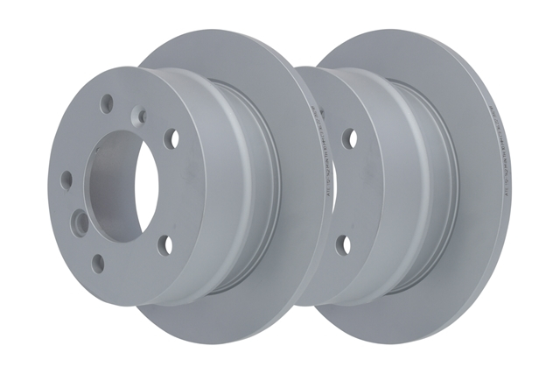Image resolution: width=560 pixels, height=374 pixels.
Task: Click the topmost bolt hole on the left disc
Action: tap(106, 102)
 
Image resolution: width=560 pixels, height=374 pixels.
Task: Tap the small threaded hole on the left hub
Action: tap(138, 114)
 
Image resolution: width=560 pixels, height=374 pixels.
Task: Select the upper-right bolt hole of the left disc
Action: tap(171, 138)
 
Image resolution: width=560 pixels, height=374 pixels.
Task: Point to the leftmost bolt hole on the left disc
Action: tap(67, 180)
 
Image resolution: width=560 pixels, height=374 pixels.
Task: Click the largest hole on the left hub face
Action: tap(80, 222)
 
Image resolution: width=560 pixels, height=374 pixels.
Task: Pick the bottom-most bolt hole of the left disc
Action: tap(98, 261)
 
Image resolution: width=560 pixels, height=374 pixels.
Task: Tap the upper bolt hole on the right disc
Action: tap(350, 138)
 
